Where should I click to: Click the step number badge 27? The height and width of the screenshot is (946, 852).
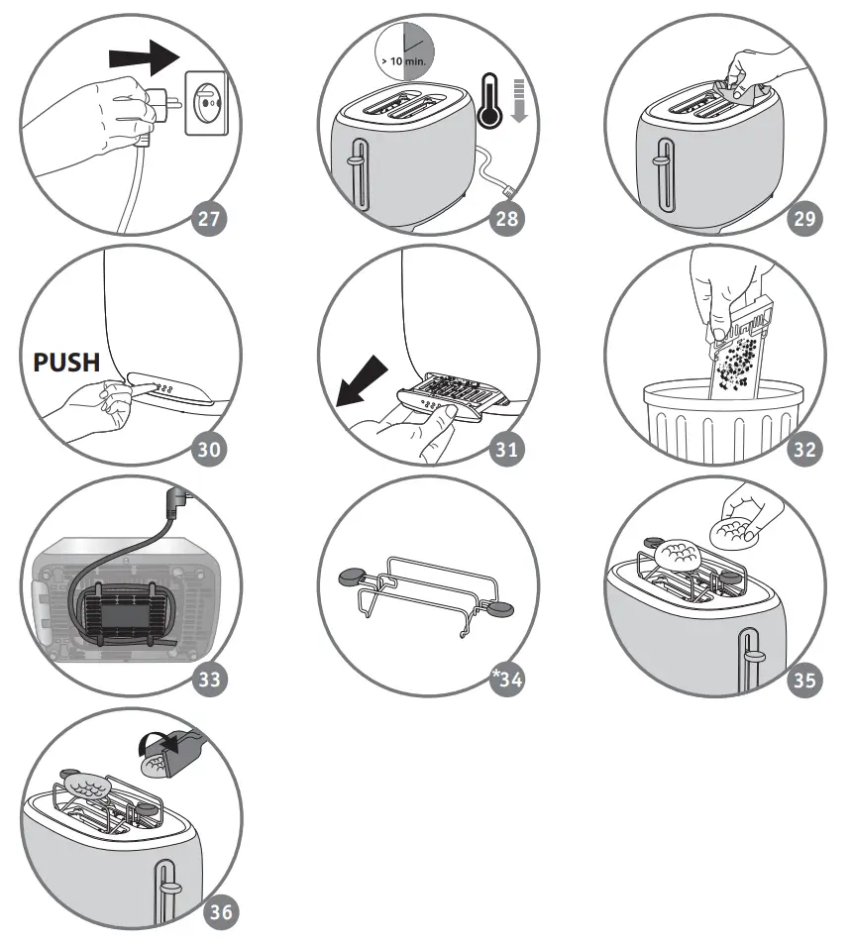[x=209, y=220]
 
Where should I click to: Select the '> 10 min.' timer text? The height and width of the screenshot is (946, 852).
[x=401, y=60]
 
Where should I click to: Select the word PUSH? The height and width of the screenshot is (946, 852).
[x=67, y=363]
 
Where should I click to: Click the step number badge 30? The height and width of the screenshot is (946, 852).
[x=209, y=449]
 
